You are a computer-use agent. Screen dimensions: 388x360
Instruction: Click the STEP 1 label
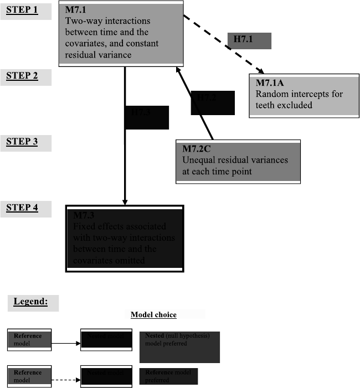23,11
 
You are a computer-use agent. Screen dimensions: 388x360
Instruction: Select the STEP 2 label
23,76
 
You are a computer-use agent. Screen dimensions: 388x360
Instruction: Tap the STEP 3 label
23,142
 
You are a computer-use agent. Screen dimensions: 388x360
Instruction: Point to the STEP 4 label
23,208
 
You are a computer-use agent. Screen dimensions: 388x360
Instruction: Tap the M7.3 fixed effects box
125,238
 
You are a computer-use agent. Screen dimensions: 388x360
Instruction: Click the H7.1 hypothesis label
249,40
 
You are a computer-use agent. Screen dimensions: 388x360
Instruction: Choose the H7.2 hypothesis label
213,103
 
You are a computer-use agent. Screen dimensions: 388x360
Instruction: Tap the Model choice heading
153,315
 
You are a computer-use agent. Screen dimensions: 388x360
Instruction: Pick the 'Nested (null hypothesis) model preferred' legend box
179,347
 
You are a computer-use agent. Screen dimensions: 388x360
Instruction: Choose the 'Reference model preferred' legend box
168,376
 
